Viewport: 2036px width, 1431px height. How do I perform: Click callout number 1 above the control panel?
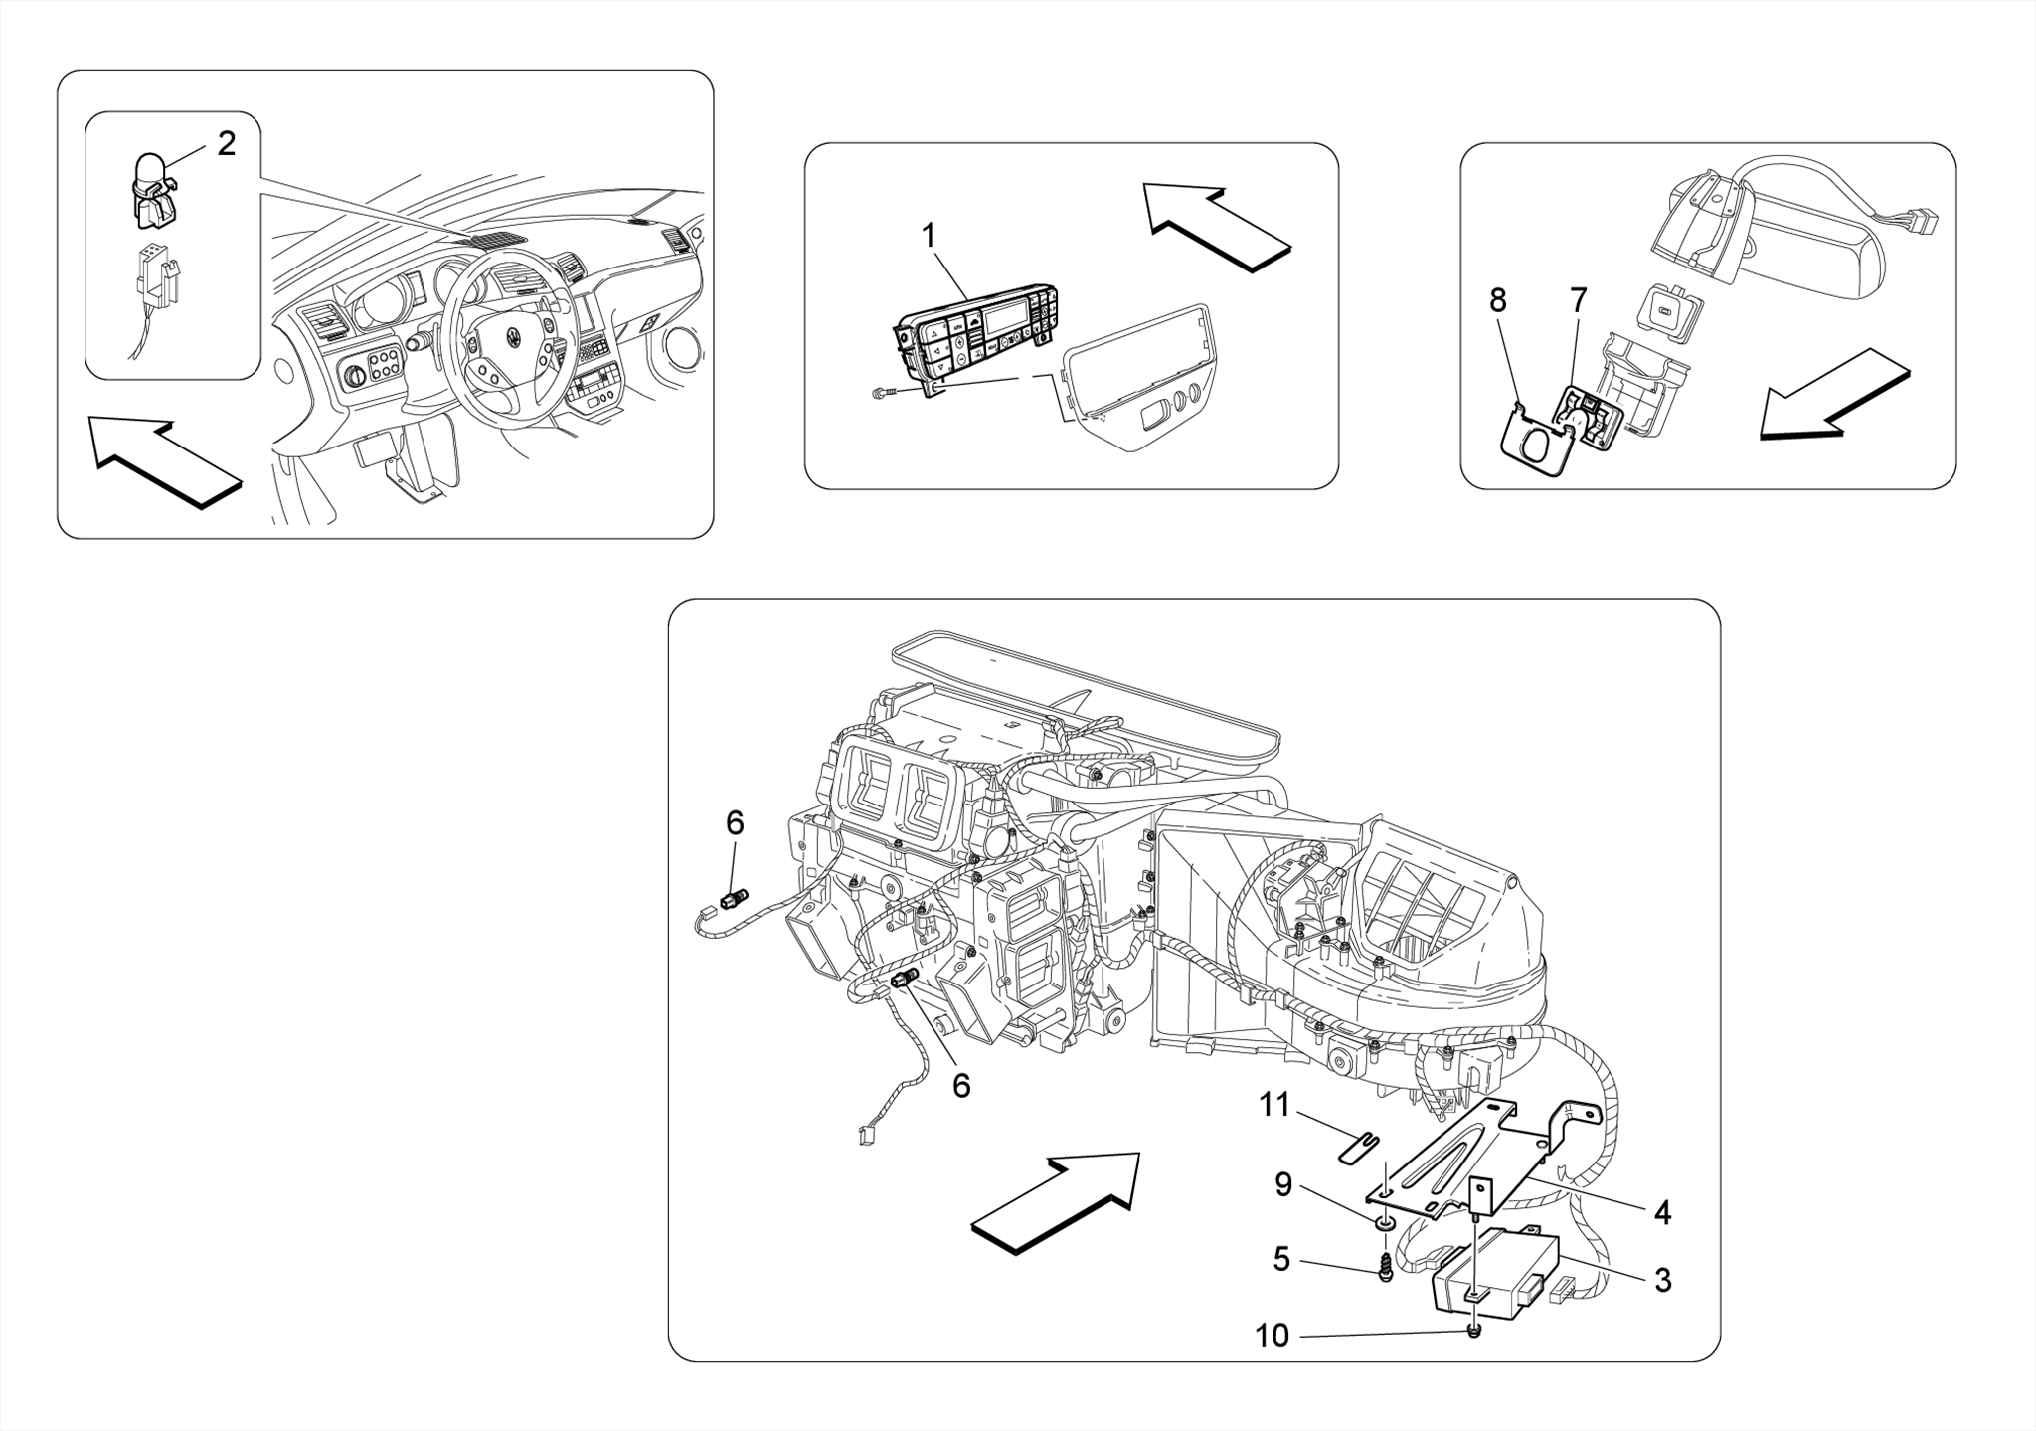tap(929, 237)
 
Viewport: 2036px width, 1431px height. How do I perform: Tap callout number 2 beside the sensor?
tap(227, 144)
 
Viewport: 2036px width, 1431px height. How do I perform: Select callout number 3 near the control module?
tap(1662, 1280)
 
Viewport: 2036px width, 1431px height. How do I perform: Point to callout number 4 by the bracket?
tap(1662, 1213)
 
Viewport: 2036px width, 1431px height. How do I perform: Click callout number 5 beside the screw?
tap(1281, 1260)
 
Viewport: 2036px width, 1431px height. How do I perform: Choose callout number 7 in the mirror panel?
tap(1578, 299)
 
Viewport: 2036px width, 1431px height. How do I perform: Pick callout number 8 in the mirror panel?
tap(1498, 299)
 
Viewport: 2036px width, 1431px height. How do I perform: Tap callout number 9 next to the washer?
tap(1283, 1185)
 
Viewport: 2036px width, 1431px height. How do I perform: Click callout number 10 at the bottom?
tap(1272, 1336)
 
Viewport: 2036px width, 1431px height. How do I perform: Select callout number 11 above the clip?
tap(1274, 1105)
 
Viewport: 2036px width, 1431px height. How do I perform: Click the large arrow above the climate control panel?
tap(1218, 225)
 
